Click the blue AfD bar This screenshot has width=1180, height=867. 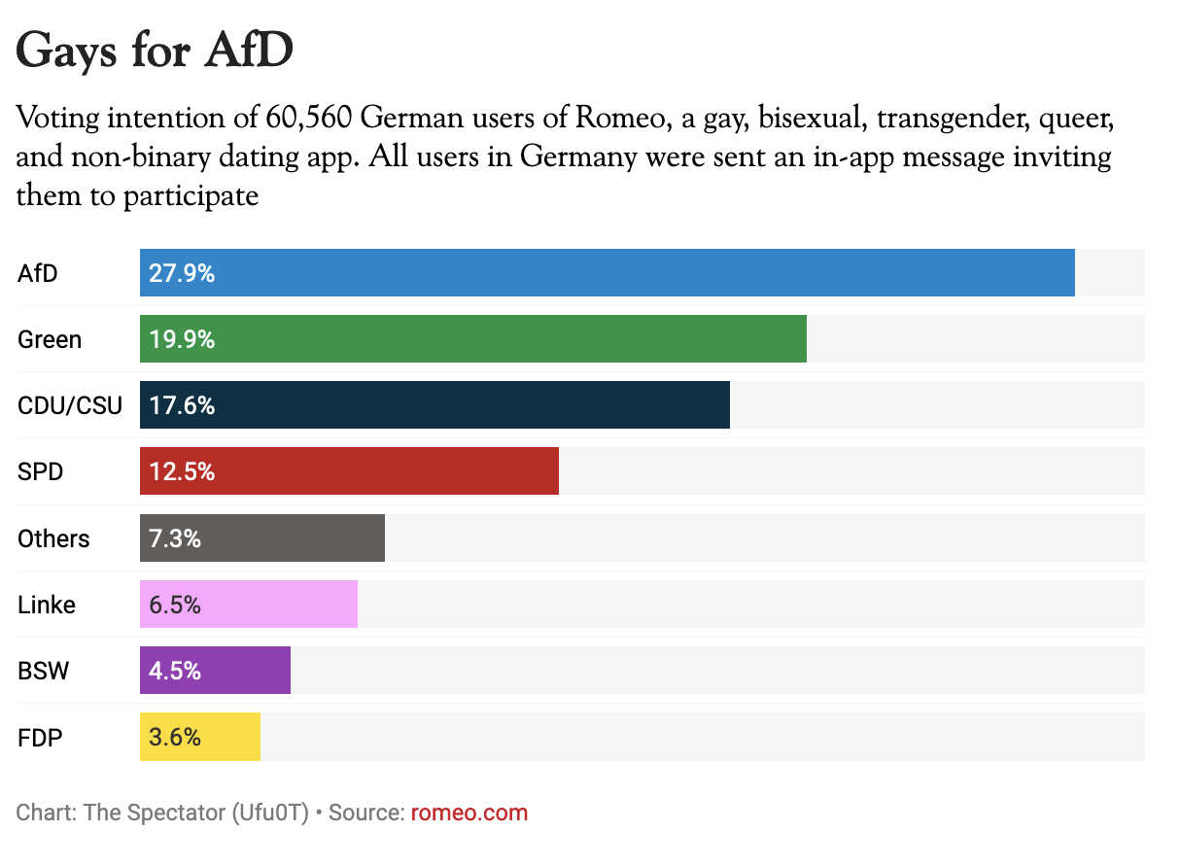tap(607, 273)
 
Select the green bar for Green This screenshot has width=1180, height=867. tap(473, 339)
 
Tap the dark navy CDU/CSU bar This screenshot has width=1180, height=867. tap(434, 405)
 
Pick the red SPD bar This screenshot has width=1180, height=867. tap(350, 471)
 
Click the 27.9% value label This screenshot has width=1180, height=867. tap(182, 273)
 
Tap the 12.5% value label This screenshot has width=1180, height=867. tap(182, 471)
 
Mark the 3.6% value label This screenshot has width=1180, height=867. tap(175, 737)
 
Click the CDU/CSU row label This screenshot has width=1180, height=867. tap(70, 405)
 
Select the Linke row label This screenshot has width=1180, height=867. tap(47, 605)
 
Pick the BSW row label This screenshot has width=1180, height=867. tap(44, 671)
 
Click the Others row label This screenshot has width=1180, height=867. tap(53, 538)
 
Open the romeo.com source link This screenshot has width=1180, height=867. tap(469, 813)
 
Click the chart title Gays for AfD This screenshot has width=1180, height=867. tap(155, 51)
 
